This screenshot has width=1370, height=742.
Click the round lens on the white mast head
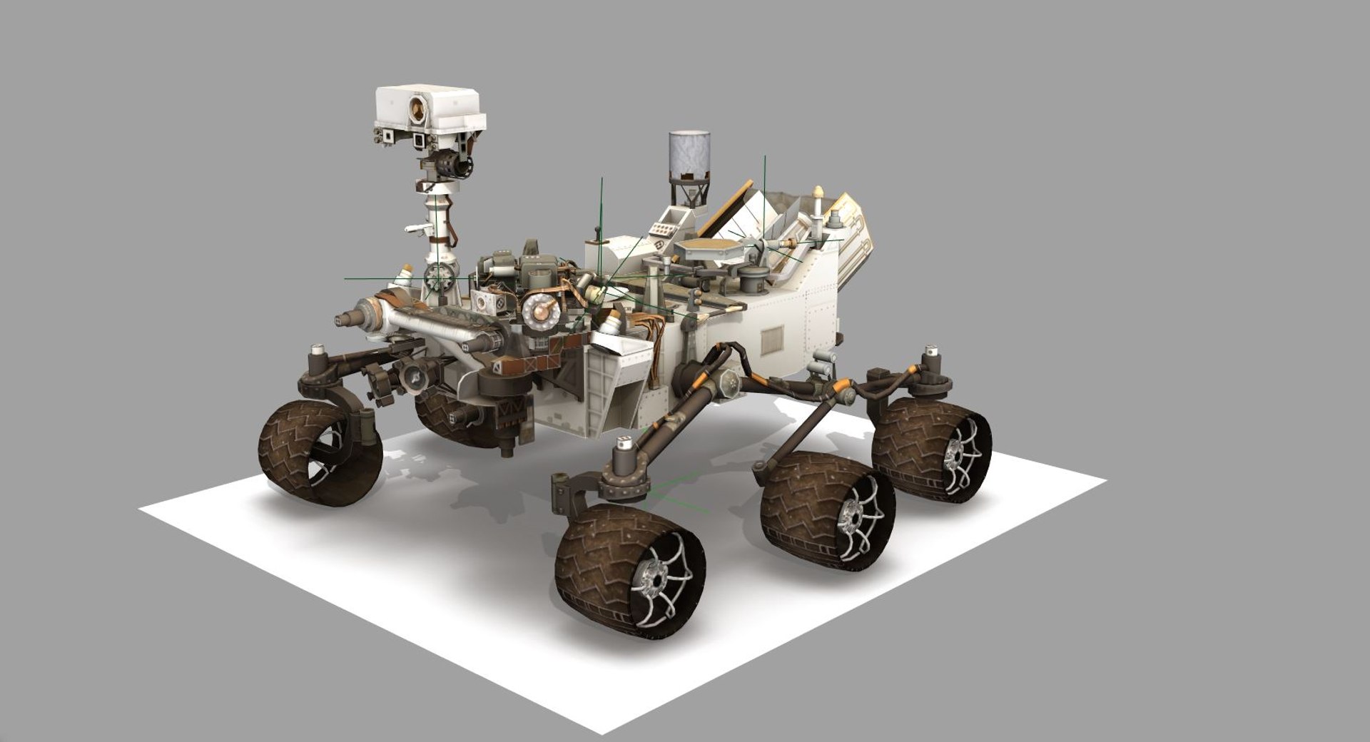[417, 109]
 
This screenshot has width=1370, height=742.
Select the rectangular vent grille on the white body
[773, 341]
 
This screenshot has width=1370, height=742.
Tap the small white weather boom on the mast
[416, 228]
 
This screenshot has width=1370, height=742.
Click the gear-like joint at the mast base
[438, 275]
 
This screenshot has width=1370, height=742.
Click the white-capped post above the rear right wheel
[930, 352]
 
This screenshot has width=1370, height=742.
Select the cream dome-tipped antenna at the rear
[818, 193]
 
